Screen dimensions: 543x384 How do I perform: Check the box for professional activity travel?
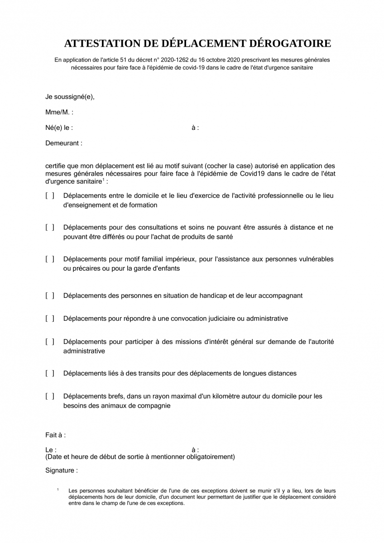(x=50, y=196)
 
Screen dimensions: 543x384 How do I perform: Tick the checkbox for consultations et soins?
(x=50, y=228)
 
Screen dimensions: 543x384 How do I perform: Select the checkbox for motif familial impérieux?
(x=50, y=259)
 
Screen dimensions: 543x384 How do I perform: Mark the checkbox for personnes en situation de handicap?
(x=50, y=295)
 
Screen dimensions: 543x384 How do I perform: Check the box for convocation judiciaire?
(x=50, y=319)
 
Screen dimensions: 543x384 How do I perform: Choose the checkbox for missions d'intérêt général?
(x=50, y=342)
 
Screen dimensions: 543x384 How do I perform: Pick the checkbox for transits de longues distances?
(x=50, y=373)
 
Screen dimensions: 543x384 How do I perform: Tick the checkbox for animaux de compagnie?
(x=50, y=396)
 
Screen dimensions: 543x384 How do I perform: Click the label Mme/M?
(x=59, y=112)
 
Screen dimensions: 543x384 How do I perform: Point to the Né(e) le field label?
(x=59, y=128)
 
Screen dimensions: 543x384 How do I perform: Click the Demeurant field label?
(x=64, y=143)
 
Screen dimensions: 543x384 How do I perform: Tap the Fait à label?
(x=55, y=435)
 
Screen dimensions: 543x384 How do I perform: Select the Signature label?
(x=62, y=471)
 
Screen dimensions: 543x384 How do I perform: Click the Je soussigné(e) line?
(x=70, y=97)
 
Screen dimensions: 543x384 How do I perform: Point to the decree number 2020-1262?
(x=173, y=60)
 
